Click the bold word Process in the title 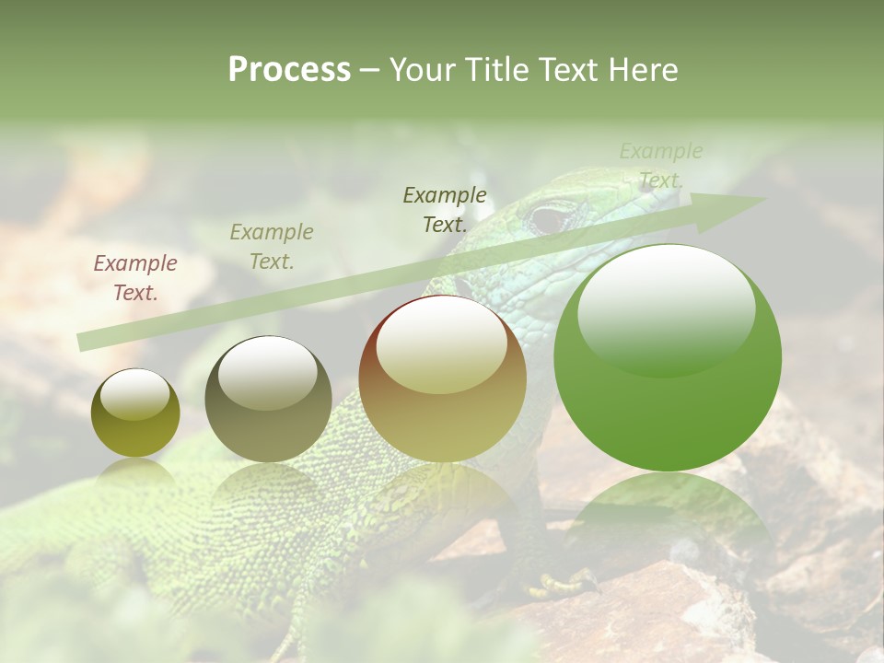tap(289, 69)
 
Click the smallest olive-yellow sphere tap(135, 413)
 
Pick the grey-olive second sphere tap(268, 400)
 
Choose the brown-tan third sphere tap(443, 379)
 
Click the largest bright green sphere tap(668, 359)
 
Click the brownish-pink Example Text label tap(135, 278)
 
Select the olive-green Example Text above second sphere tap(272, 247)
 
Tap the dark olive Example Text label tap(445, 209)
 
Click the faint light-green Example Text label tap(660, 166)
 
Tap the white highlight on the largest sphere tap(667, 309)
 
